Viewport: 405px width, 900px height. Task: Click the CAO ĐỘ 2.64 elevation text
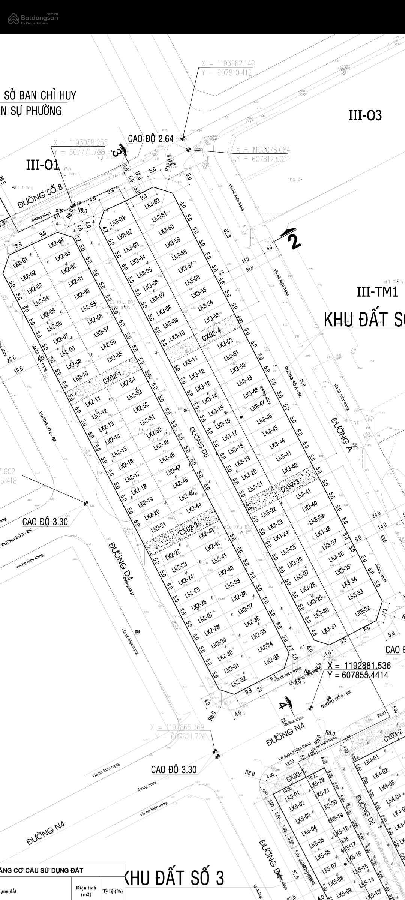click(151, 139)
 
